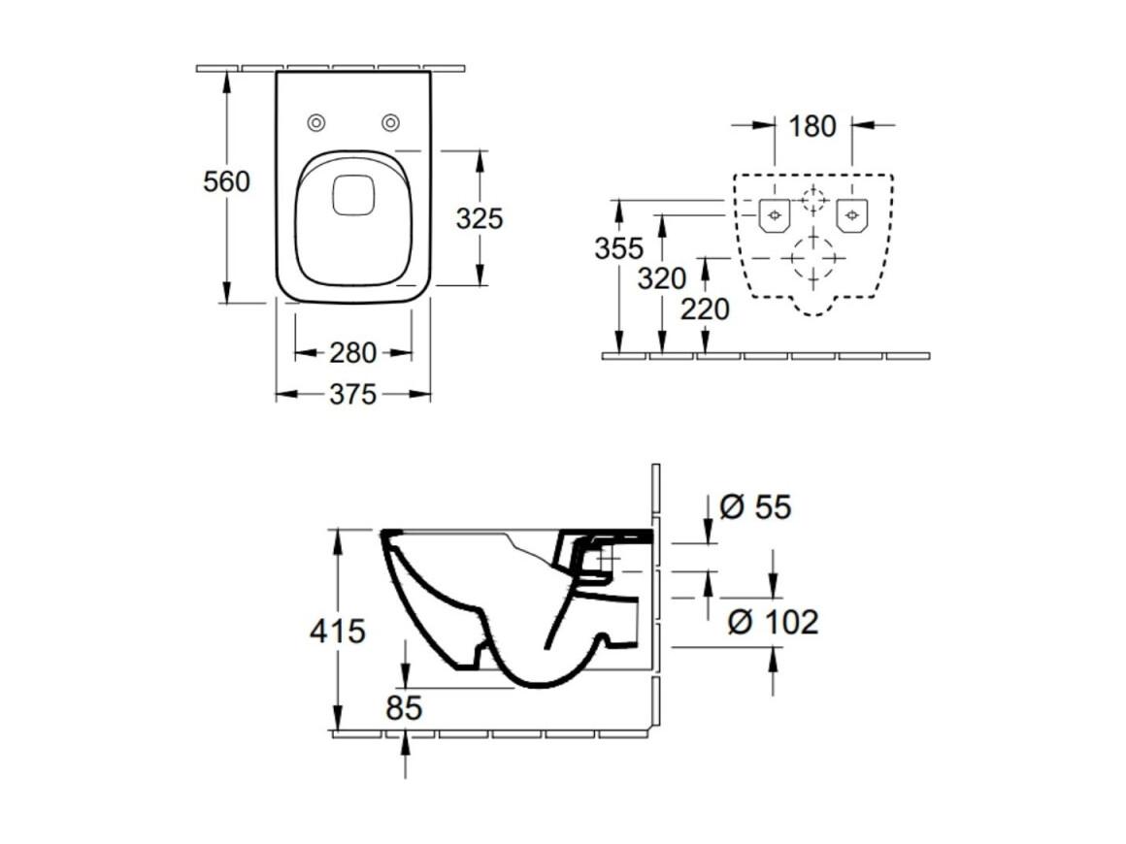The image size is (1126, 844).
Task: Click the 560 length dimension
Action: tap(226, 181)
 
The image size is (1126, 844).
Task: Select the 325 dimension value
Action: tap(480, 218)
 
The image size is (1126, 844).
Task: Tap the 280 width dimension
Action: tap(352, 352)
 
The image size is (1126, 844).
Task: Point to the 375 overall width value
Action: tap(352, 394)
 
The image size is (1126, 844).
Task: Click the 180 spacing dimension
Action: tap(812, 126)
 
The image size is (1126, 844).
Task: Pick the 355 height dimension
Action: tap(618, 248)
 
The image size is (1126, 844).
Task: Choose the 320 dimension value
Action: tap(661, 277)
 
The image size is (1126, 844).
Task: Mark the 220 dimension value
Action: tap(705, 309)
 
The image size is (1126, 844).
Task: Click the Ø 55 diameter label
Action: tap(755, 507)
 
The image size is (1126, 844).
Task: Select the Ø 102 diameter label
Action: tap(773, 622)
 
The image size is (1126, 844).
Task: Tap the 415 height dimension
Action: tap(338, 631)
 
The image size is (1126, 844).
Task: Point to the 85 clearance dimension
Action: tap(404, 707)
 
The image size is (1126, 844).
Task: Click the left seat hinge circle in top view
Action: tap(316, 123)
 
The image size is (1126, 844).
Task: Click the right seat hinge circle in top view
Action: tap(390, 123)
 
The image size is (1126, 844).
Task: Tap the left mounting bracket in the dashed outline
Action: tap(775, 215)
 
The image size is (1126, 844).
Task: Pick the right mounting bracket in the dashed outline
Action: tap(852, 215)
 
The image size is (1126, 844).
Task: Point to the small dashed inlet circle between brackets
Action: tap(812, 200)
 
